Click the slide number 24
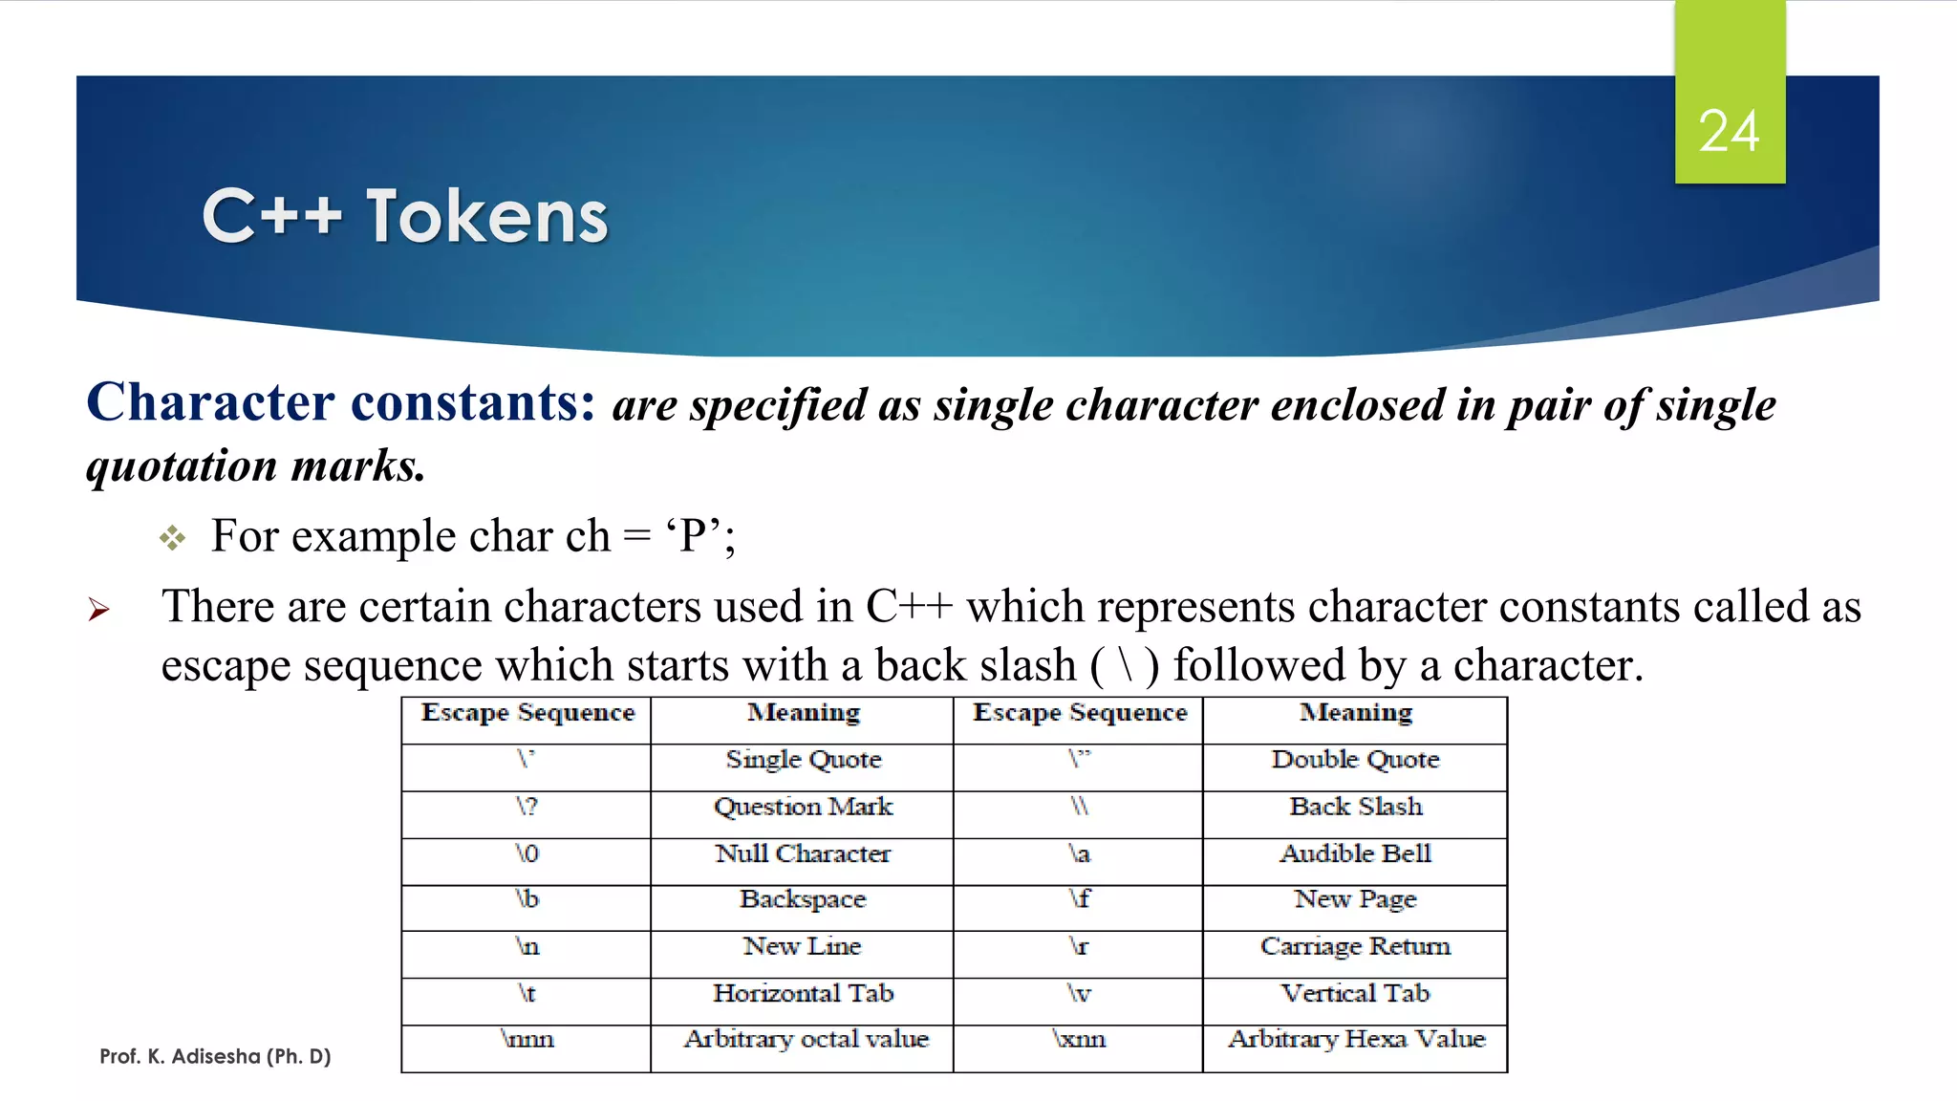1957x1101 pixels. coord(1729,131)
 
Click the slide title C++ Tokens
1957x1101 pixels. coord(405,217)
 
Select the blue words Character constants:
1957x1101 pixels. coord(341,402)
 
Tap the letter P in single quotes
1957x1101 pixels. coord(693,536)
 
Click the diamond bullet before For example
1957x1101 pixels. coord(172,538)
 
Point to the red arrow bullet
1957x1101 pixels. coord(99,609)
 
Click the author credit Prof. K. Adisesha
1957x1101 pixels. coord(215,1056)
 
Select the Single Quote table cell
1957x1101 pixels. coord(803,760)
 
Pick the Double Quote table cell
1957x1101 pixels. coord(1355,760)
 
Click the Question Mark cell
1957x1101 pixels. coord(803,807)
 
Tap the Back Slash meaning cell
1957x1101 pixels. coord(1355,807)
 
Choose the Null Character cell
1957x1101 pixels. coord(803,853)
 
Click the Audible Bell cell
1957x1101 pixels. coord(1355,853)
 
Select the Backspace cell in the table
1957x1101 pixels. coord(803,899)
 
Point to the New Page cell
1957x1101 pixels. coord(1355,899)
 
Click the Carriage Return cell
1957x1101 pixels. coord(1355,946)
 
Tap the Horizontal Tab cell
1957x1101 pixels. coord(803,993)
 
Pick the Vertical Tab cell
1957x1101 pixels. coord(1355,993)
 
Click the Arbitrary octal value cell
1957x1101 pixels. coord(806,1039)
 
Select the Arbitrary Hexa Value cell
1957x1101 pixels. coord(1356,1039)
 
